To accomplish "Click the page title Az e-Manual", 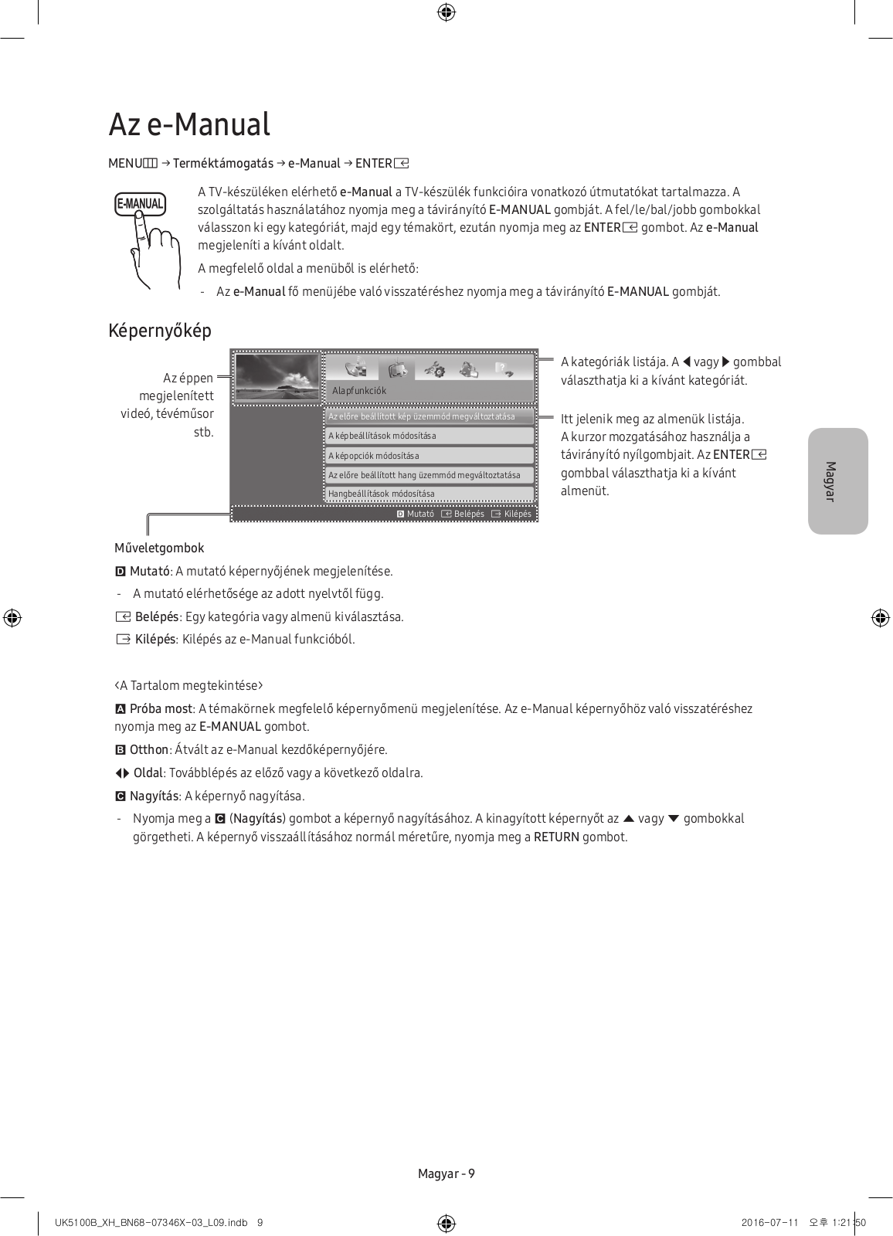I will click(x=189, y=124).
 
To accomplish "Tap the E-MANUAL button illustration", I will click(x=140, y=205).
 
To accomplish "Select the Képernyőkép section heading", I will click(x=160, y=331).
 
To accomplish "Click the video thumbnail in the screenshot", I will click(x=277, y=379).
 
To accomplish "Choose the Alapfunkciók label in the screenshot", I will click(x=359, y=391).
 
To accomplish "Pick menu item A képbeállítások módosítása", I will click(x=382, y=436).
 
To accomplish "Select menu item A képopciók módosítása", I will click(x=374, y=456).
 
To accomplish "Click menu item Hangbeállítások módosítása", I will click(x=382, y=494).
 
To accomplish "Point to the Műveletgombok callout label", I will click(x=159, y=548).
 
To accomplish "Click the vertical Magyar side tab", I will click(x=837, y=480).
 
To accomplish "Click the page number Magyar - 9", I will click(x=446, y=1173).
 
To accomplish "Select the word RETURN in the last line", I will click(x=556, y=837).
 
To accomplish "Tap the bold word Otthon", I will click(x=148, y=749).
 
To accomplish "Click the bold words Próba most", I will click(x=161, y=708).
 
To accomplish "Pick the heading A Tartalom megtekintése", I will click(x=189, y=685).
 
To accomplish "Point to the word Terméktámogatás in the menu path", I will click(x=222, y=163).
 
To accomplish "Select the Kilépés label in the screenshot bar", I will click(x=518, y=514).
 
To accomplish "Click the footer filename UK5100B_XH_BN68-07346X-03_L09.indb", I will click(x=151, y=1222).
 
